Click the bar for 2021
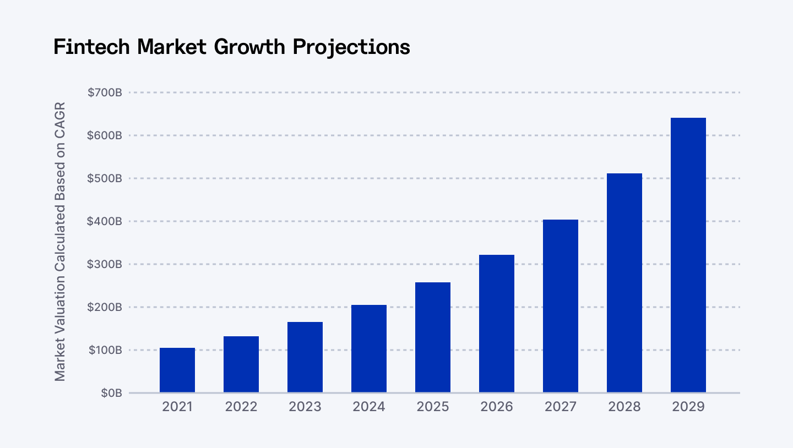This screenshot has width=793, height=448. click(177, 370)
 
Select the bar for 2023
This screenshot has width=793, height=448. click(305, 357)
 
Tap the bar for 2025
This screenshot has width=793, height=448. click(433, 337)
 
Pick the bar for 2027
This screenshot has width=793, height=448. click(561, 306)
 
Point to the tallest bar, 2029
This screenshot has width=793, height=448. click(688, 255)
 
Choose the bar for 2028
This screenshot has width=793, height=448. click(624, 283)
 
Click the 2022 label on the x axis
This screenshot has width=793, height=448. click(241, 407)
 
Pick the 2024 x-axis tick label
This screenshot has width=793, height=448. click(369, 407)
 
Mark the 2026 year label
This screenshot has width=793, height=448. click(497, 407)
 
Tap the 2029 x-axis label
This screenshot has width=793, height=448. click(688, 407)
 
